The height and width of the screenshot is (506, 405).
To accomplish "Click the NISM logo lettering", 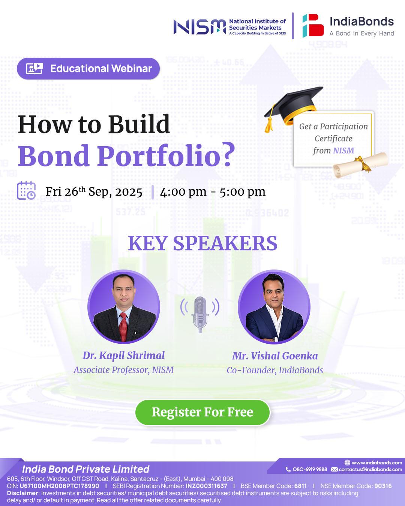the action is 199,27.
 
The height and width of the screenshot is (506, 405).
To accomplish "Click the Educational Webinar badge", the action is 88,69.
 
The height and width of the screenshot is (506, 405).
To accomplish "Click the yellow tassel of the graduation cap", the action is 269,123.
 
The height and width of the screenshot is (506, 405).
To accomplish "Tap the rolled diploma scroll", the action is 360,164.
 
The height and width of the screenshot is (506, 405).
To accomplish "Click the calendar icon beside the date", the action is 26,191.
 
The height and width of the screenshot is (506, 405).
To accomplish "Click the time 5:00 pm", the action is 242,192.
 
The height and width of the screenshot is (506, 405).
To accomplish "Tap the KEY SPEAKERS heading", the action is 202,243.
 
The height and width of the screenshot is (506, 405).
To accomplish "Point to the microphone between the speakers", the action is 200,314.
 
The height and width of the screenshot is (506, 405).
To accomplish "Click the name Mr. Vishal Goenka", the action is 275,356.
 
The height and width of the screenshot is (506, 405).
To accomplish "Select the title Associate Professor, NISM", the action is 123,370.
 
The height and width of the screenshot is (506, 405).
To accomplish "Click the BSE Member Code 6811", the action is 300,486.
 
